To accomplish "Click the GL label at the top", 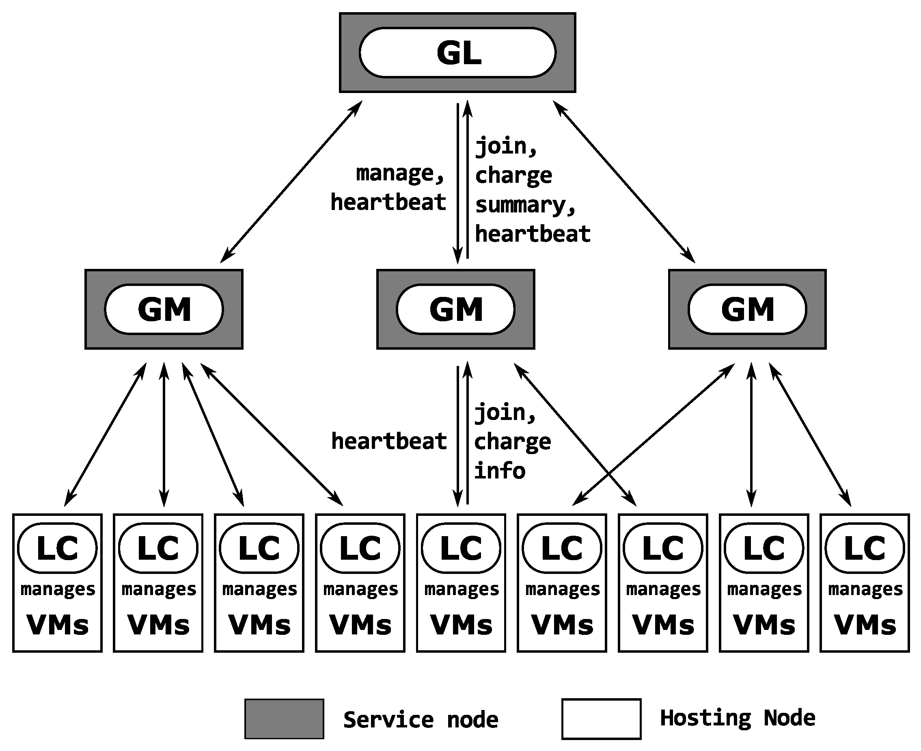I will coord(458,53).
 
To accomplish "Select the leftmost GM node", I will coord(164,309).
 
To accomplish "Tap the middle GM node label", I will coord(456,309).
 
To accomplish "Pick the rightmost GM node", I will coord(747,309).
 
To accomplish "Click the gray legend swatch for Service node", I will coord(284,719).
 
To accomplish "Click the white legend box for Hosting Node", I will coord(601,719).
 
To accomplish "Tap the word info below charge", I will coord(499,471).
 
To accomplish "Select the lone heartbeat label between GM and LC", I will coord(389,441).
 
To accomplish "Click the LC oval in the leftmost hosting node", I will coord(58,548).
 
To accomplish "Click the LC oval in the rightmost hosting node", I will coord(865,548).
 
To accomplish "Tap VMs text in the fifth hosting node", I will coord(461,625).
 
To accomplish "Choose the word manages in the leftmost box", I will coord(58,589).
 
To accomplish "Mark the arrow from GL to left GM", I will coord(291,182).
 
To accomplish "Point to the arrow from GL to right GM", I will coord(624,182).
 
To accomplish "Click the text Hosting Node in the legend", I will coord(737,718).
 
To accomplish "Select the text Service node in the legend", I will coord(420,720).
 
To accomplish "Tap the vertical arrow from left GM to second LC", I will coord(164,435).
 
